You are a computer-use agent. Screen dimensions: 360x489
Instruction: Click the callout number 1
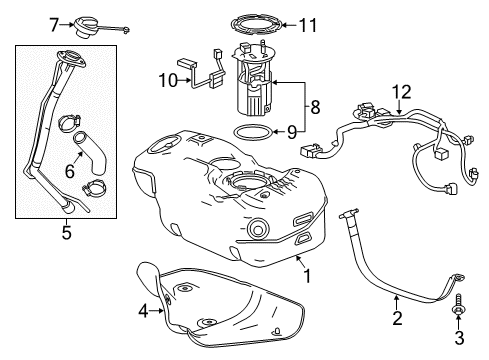pos(308,277)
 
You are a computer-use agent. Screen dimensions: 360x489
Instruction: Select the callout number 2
pos(397,319)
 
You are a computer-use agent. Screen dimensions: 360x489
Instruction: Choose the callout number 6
pos(69,171)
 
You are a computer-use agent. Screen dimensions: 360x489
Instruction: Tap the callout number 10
pos(165,79)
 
